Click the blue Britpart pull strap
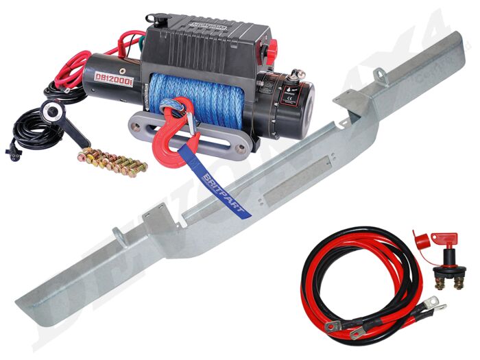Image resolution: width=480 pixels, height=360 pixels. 226,195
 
